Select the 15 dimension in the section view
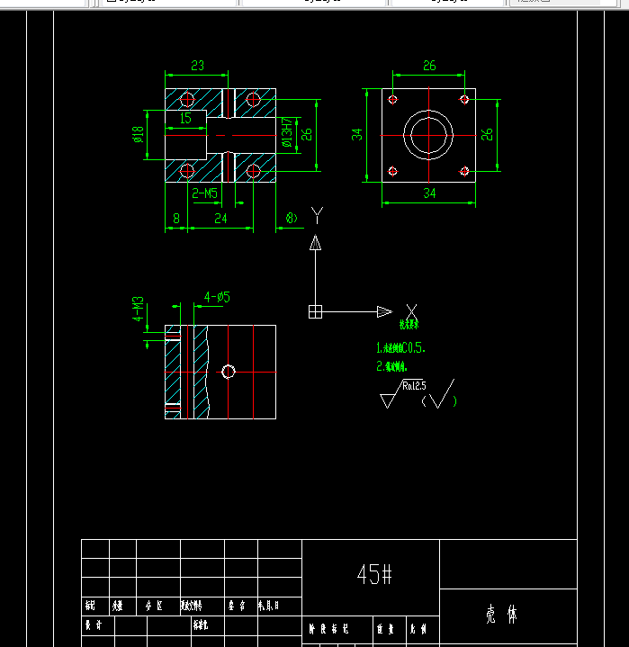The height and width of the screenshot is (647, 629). coord(185,118)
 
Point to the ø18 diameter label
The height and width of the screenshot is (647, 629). coord(139,134)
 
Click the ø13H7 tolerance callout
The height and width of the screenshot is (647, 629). coord(287,134)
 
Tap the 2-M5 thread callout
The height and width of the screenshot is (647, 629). coord(204,193)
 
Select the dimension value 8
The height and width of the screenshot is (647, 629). coord(175,218)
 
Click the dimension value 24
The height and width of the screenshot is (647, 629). coord(220,218)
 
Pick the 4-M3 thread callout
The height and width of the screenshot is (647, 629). coord(139,308)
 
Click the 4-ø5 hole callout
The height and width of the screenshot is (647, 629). coord(217,296)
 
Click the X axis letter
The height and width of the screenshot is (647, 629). coord(411,310)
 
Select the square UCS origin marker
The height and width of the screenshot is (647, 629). coord(315,311)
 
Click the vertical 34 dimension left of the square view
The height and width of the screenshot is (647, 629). coord(357,134)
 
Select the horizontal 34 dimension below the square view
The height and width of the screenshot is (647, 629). coord(429,193)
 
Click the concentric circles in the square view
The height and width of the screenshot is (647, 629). coord(429,135)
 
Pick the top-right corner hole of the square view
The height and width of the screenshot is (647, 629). coord(464,99)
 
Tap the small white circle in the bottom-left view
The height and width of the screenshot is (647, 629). coord(229,372)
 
